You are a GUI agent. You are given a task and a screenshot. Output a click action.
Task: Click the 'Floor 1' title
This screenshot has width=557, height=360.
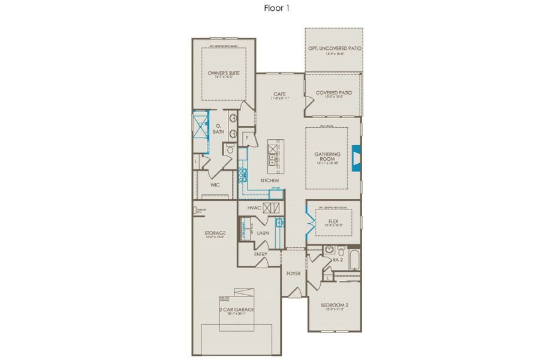(x=278, y=8)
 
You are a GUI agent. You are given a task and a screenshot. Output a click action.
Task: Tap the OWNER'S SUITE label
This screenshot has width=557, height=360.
(x=224, y=73)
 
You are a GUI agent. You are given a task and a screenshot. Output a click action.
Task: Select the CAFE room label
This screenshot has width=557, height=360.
(x=279, y=94)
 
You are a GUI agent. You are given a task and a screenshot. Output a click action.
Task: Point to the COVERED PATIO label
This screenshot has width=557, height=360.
(x=333, y=92)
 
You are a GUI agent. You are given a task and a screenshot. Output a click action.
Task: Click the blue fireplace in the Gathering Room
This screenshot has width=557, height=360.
(x=356, y=158)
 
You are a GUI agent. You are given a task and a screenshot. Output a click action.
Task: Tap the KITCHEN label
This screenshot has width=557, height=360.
(x=269, y=180)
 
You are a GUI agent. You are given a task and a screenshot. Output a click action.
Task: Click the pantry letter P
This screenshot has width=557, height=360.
(x=246, y=137)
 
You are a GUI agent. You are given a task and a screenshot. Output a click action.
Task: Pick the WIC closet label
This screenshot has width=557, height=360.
(x=215, y=185)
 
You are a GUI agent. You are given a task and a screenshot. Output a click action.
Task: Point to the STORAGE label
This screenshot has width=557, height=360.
(x=215, y=233)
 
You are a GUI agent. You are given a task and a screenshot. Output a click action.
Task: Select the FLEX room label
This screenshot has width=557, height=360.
(x=334, y=221)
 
